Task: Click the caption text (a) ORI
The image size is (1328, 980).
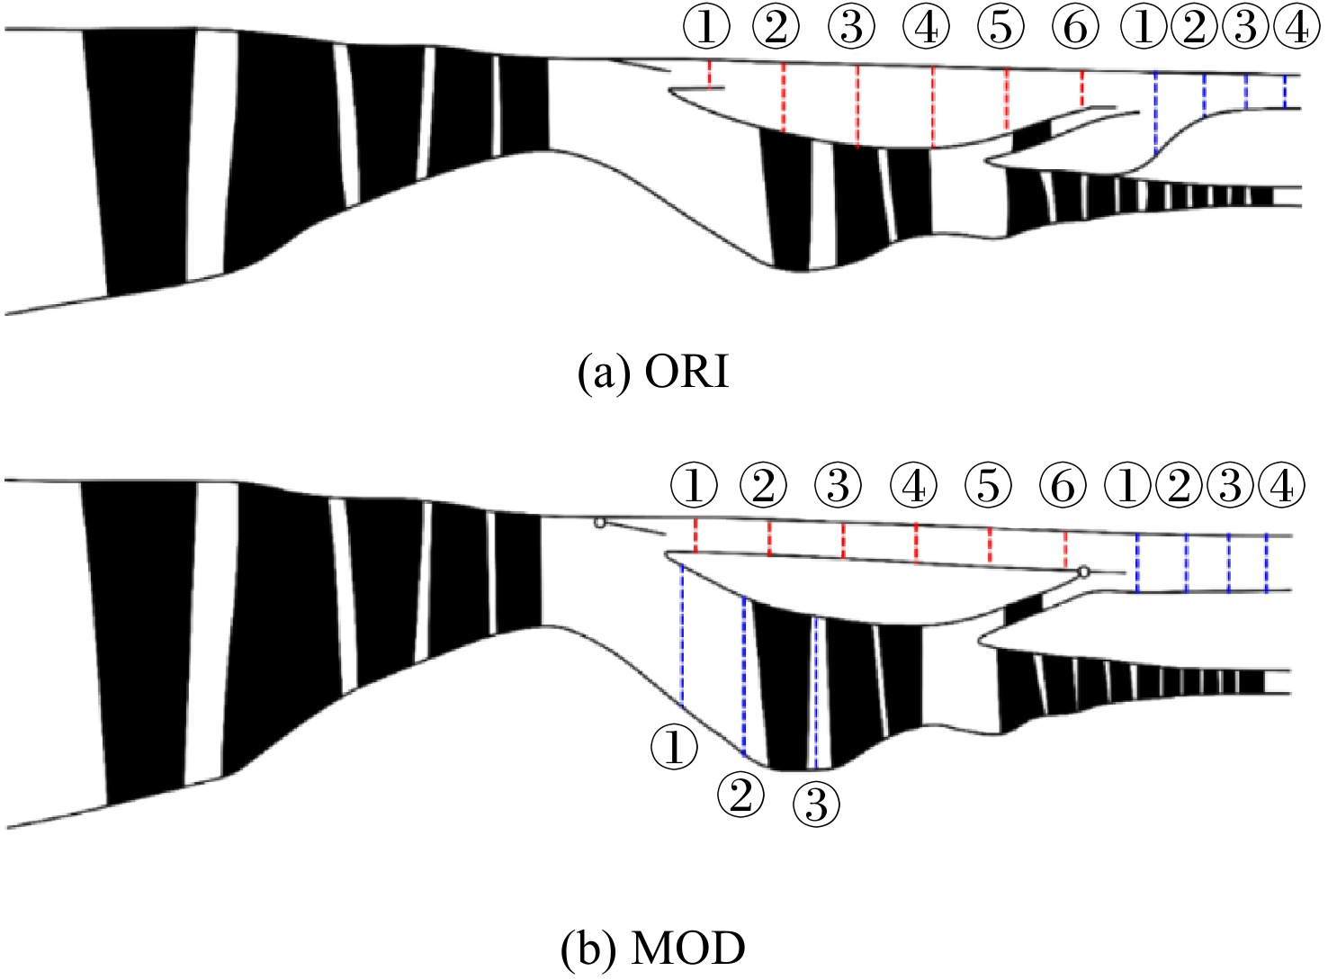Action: (653, 373)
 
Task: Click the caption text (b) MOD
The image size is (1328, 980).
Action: (653, 948)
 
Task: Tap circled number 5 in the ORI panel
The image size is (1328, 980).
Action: (1000, 28)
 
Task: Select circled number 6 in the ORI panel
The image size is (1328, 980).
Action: (1075, 28)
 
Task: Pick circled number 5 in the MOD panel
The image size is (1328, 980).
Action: (989, 485)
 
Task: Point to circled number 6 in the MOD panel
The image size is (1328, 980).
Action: (1063, 485)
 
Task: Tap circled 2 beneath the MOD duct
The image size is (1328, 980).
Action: (740, 795)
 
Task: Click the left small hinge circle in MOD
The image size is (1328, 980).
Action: (599, 523)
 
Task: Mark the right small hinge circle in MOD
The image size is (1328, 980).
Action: (1083, 571)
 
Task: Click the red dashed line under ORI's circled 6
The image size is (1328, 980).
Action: (1081, 89)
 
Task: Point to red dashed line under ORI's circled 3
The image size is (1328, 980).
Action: (857, 106)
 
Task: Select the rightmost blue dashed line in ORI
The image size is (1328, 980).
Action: (1284, 91)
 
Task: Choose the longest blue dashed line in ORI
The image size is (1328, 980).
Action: (1155, 114)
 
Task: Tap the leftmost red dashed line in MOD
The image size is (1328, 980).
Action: (695, 536)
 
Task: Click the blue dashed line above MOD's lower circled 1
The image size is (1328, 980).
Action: (682, 635)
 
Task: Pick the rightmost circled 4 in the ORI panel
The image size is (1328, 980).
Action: (1297, 28)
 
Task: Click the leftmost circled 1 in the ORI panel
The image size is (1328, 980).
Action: (706, 28)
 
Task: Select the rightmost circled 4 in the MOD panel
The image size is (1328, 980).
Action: (1281, 485)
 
